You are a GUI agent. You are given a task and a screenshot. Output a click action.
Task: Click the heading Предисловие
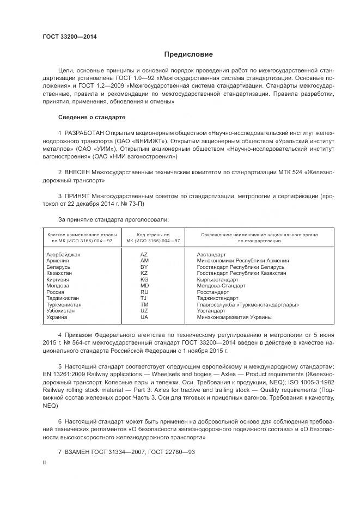(188, 54)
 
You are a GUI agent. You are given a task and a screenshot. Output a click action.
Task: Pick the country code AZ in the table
(144, 255)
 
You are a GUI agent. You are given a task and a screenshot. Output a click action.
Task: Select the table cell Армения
(58, 261)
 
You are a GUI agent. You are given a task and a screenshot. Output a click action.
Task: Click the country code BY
(144, 267)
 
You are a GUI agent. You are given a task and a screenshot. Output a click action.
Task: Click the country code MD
(144, 286)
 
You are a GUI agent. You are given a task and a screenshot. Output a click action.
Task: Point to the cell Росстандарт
(213, 292)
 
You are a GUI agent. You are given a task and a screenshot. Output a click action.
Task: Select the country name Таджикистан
(63, 298)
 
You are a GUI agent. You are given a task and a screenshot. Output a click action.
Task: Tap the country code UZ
(144, 311)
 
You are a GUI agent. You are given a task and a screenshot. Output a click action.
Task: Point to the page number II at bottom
(44, 462)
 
